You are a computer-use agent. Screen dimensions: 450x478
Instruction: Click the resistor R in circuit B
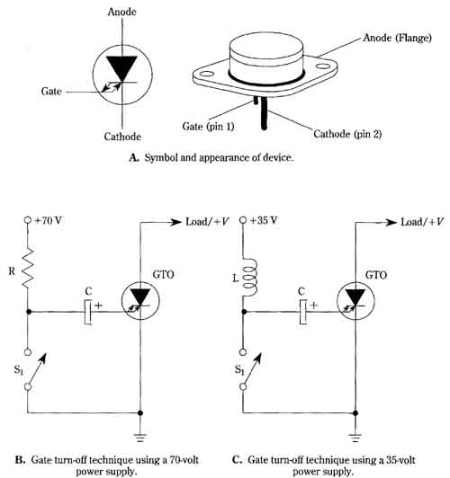tap(28, 269)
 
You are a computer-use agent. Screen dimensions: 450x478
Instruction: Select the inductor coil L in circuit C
tap(248, 278)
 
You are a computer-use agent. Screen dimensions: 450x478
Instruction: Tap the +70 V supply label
tap(49, 220)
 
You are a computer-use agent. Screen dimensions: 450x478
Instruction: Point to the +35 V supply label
tap(264, 220)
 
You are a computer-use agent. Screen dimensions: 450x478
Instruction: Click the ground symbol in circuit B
tap(140, 438)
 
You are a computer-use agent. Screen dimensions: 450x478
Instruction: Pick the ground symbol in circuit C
tap(355, 438)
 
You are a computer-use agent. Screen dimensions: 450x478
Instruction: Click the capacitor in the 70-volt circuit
tap(88, 312)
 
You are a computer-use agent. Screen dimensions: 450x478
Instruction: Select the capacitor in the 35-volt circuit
tap(303, 312)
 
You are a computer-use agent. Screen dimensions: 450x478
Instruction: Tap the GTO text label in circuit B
tap(163, 275)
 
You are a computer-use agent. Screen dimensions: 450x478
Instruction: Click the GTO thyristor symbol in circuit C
tap(355, 301)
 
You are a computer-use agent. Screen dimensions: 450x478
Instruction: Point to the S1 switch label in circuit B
tap(19, 370)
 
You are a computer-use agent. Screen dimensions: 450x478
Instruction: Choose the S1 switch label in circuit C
tap(239, 370)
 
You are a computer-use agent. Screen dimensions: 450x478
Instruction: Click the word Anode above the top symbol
tap(121, 12)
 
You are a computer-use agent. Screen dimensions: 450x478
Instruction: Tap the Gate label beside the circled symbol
tap(51, 91)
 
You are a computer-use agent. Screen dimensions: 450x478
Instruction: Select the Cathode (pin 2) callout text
tap(347, 134)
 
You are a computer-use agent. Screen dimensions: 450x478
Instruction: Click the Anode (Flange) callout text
tap(397, 38)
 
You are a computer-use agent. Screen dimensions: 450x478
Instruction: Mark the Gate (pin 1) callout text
tap(208, 126)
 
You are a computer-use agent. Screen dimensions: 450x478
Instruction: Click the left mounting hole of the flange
tap(207, 74)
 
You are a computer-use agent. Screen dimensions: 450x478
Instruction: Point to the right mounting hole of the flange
tap(322, 66)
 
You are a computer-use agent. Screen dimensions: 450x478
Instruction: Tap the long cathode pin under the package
tap(265, 113)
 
